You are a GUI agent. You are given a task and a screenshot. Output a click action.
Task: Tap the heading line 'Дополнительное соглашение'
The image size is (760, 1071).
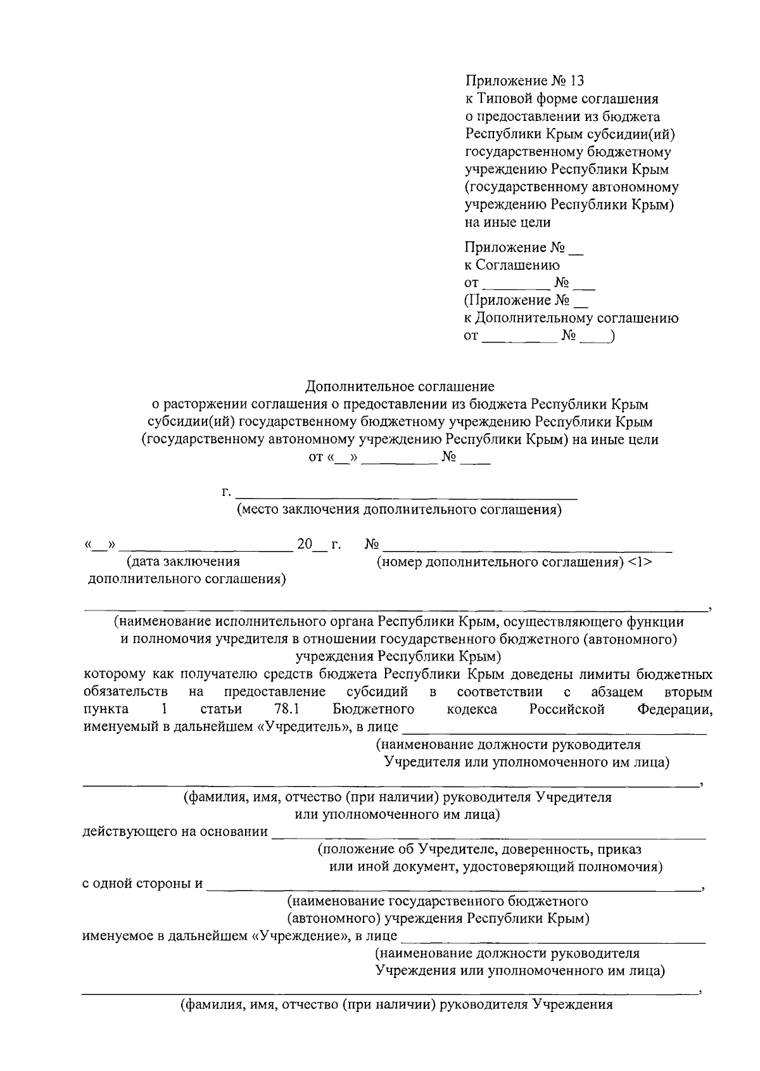[x=400, y=386]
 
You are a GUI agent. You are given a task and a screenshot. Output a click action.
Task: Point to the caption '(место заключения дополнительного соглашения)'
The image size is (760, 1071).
[x=399, y=510]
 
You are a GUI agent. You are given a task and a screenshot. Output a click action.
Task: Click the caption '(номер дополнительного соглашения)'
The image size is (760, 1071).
[x=500, y=562]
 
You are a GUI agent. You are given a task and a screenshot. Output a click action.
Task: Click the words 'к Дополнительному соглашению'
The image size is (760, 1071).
[x=571, y=319]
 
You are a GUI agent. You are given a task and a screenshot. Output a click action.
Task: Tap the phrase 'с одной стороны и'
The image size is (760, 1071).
[x=142, y=884]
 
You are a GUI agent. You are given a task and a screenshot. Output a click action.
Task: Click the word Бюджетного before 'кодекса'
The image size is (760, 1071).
[x=373, y=709]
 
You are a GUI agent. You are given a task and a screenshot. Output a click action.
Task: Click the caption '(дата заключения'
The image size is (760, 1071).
[x=183, y=561]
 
